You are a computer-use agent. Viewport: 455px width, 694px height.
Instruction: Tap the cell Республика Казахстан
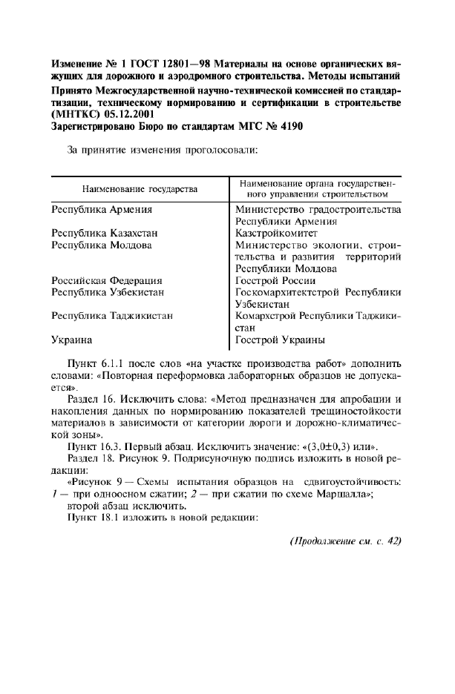(x=105, y=233)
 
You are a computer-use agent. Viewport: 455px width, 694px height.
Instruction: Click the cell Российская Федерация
(x=107, y=280)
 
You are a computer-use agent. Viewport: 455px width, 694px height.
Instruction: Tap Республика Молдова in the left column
(x=102, y=245)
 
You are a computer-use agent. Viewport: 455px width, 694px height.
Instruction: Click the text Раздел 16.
(x=91, y=399)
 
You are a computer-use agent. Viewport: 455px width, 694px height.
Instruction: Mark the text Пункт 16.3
(x=94, y=446)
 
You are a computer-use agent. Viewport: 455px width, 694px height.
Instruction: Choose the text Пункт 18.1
(x=94, y=518)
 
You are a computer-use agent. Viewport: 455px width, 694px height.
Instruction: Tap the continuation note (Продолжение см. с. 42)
(x=344, y=541)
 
